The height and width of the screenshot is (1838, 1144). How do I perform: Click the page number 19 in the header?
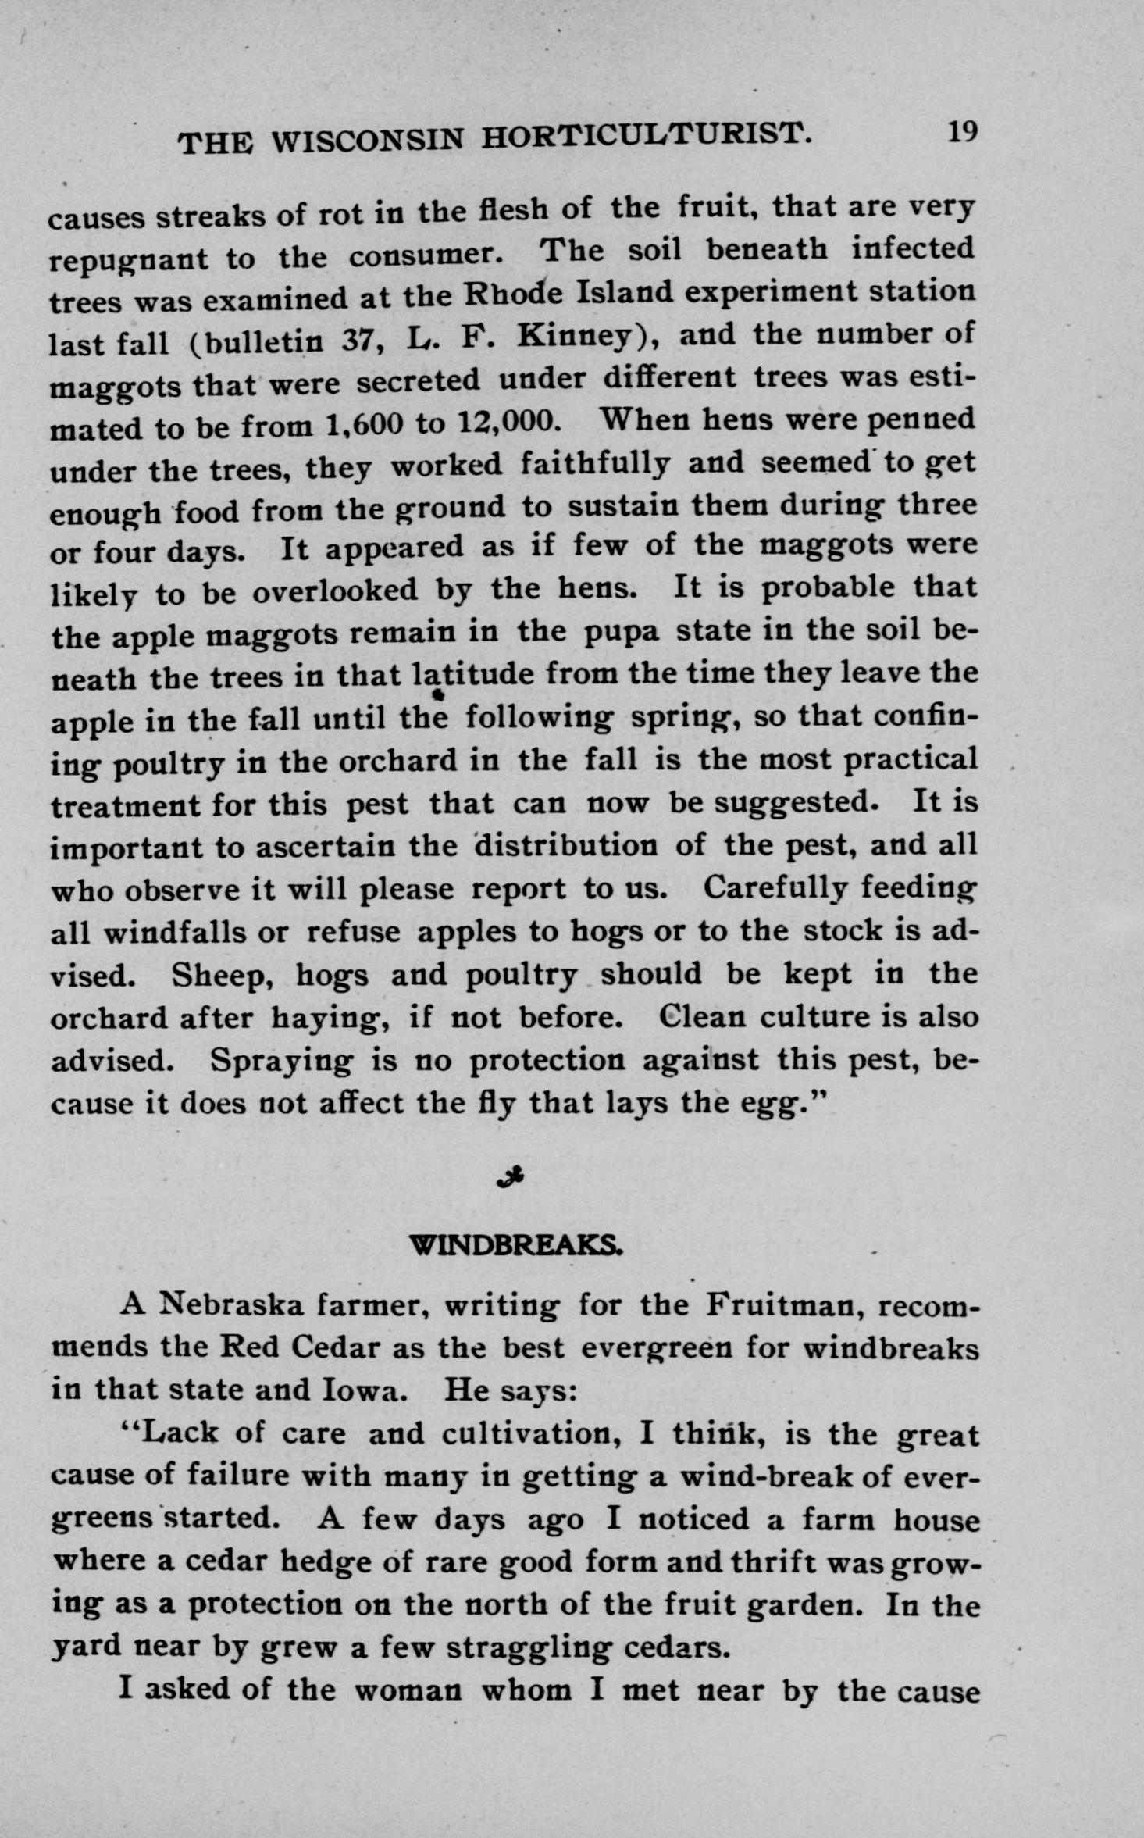pyautogui.click(x=962, y=131)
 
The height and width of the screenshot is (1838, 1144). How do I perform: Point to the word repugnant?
pyautogui.click(x=129, y=259)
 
